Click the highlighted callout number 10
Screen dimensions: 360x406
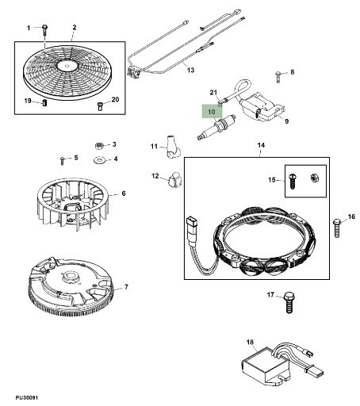point(212,112)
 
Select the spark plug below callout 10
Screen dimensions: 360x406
point(216,127)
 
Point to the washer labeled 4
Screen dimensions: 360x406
point(99,160)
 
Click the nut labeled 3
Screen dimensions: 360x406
point(99,145)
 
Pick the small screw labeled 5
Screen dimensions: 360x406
point(62,160)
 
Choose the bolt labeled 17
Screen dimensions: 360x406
point(289,302)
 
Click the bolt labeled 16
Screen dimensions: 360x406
point(336,228)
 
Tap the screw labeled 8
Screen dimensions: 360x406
point(278,77)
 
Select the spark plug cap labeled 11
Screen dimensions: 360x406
point(173,147)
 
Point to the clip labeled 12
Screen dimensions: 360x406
point(174,179)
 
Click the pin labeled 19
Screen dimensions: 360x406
point(44,102)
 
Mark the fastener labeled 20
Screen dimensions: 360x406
point(100,106)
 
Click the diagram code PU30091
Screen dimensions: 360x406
point(27,397)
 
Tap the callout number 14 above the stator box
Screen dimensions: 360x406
point(261,145)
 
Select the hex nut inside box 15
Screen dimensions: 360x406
point(314,178)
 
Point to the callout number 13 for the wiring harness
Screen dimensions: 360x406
point(190,70)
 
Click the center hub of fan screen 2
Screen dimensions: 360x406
point(66,65)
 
